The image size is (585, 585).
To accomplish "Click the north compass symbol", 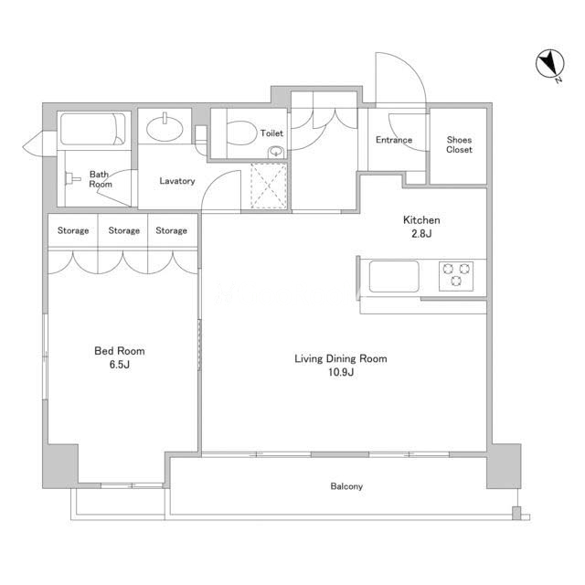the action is tap(549, 66).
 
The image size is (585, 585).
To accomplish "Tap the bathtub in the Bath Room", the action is tap(93, 129).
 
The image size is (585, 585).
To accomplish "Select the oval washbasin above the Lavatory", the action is tap(165, 128).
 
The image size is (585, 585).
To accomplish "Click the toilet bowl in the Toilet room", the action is tap(241, 133).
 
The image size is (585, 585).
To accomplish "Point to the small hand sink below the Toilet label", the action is tap(276, 152).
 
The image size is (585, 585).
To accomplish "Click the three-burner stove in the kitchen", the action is tap(456, 276).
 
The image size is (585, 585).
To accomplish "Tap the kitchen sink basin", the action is tap(394, 276).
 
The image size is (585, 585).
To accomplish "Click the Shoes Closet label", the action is tap(459, 144).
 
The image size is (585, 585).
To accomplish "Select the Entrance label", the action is tap(394, 140).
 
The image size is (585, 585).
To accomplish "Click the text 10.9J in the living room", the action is tap(341, 372).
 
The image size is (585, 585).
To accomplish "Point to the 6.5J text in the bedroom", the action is tap(120, 365).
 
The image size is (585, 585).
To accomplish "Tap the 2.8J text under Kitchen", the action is tap(421, 234).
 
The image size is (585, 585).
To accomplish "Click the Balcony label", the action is tap(346, 486).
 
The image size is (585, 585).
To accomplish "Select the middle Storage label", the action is tap(124, 230).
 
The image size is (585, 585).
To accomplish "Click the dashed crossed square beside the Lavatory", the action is tap(269, 186).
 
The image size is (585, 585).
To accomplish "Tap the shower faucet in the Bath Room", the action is tap(72, 179).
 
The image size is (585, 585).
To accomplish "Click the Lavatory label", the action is tap(177, 181).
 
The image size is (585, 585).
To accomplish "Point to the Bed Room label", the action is tap(120, 351).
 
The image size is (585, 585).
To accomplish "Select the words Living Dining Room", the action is tap(341, 358).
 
